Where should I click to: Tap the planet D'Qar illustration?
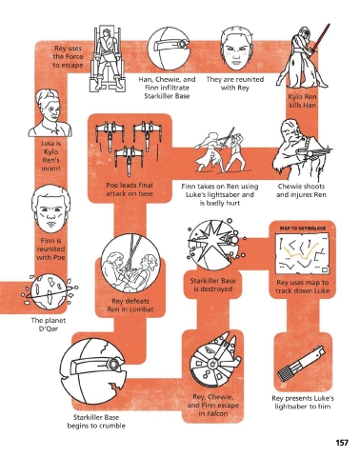50,292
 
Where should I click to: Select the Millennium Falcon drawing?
216,361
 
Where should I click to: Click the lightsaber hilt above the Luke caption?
301,363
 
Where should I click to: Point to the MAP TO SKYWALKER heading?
303,228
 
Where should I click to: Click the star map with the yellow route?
302,254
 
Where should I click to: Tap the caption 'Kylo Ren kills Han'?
303,101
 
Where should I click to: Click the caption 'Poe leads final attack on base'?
130,189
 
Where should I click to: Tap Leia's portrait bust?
50,113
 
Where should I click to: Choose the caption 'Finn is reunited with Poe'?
50,248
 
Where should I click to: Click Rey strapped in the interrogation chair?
108,59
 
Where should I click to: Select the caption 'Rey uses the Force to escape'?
68,57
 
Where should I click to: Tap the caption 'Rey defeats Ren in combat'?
130,305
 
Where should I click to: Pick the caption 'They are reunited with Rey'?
235,84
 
